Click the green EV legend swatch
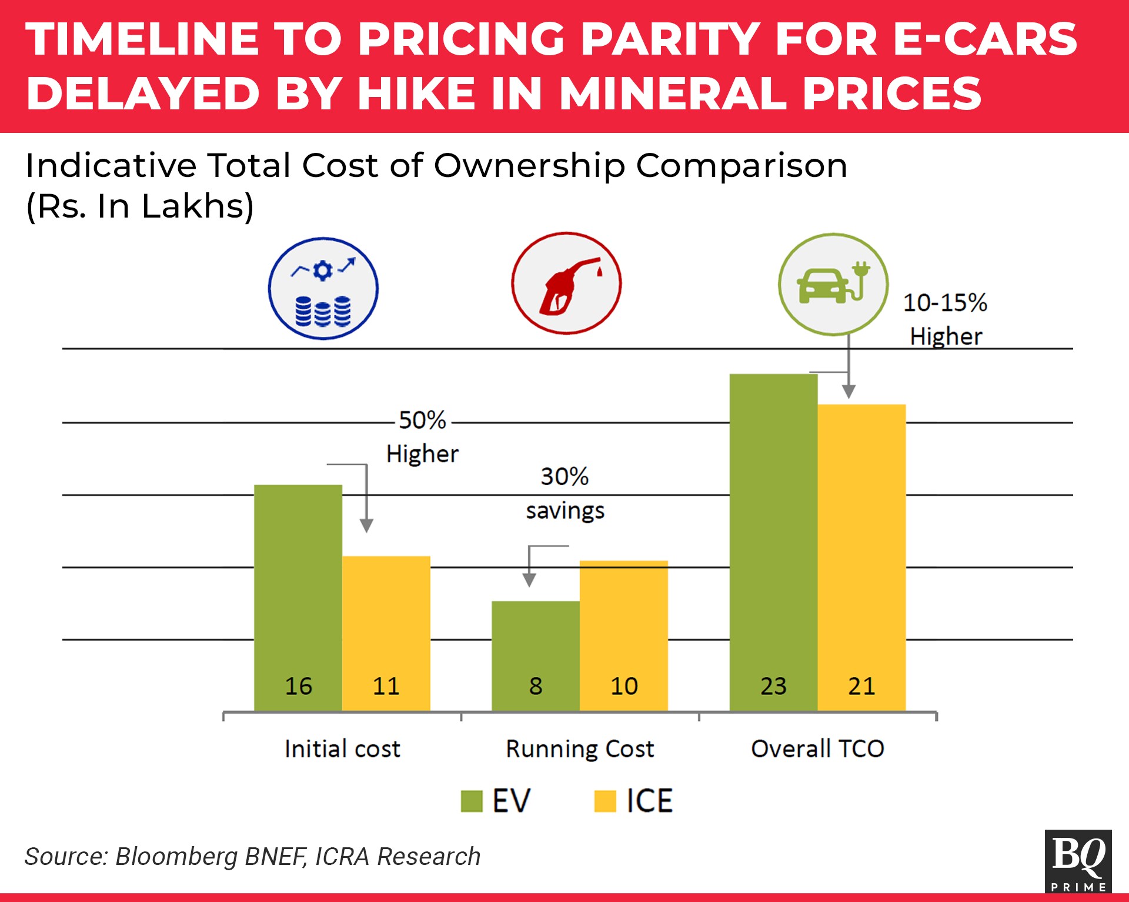[x=472, y=801]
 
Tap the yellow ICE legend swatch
[x=605, y=801]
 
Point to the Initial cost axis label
[x=342, y=749]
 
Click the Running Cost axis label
[x=580, y=749]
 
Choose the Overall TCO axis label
[x=817, y=749]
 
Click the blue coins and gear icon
[x=323, y=289]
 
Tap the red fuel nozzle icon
[x=566, y=283]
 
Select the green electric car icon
[x=833, y=285]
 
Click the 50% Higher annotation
[x=422, y=437]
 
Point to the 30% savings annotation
[x=564, y=493]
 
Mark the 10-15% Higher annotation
[x=945, y=319]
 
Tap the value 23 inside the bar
[x=773, y=686]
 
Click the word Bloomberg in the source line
[x=176, y=857]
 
